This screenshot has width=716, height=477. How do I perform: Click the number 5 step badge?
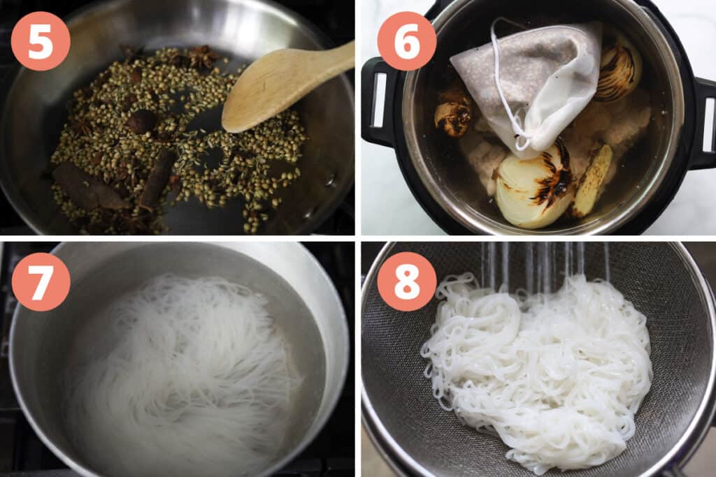[40, 41]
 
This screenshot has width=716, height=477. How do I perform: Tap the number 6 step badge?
[406, 41]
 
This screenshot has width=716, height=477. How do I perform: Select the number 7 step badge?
[40, 282]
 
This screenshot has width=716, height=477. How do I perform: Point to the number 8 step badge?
[406, 282]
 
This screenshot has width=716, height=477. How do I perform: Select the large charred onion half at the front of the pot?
[534, 187]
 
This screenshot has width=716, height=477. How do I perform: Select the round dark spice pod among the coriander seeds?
[141, 122]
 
